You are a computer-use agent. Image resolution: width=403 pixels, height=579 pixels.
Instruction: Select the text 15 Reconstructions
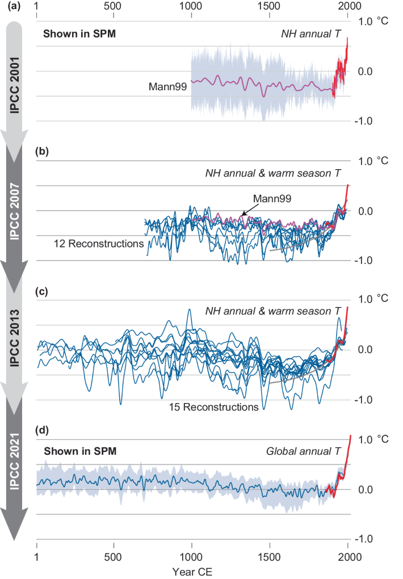(x=213, y=407)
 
